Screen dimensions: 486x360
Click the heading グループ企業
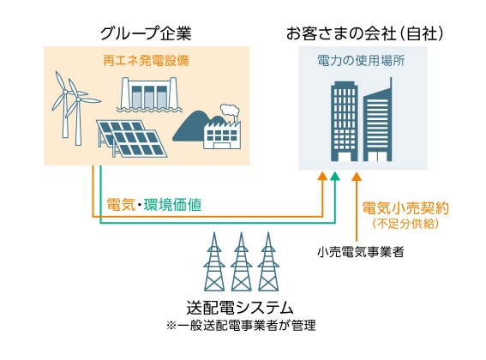click(146, 33)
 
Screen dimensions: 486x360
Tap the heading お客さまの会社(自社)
click(365, 33)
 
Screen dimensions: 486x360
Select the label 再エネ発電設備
click(146, 61)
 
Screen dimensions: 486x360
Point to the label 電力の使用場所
click(361, 61)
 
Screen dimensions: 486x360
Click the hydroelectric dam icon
click(149, 94)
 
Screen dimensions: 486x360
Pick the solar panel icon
click(131, 139)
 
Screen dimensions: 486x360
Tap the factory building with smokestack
click(222, 134)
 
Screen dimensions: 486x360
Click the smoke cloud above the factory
click(230, 110)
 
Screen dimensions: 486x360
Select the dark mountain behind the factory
click(195, 127)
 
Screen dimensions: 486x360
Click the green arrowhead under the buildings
click(335, 177)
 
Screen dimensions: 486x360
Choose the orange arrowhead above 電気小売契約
click(357, 177)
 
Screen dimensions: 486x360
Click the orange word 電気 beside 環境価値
click(121, 205)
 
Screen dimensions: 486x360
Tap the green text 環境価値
click(172, 205)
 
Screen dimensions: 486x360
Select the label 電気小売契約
click(405, 207)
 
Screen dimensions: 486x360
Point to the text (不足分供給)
click(405, 224)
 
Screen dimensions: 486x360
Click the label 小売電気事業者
click(361, 252)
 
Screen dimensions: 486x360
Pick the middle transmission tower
click(241, 261)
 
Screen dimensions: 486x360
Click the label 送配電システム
click(240, 308)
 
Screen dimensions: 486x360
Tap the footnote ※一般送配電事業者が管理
click(241, 326)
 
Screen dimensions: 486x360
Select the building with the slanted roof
click(377, 120)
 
